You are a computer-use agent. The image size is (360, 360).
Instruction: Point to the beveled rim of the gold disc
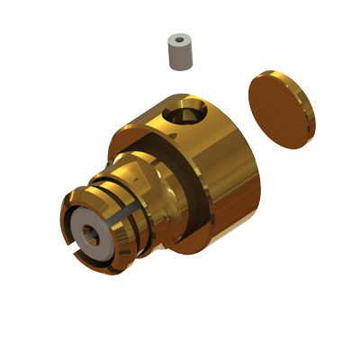coord(309,126)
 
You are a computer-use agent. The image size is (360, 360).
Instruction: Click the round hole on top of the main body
coord(190,115)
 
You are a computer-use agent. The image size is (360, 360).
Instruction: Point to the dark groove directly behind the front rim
coord(132,238)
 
